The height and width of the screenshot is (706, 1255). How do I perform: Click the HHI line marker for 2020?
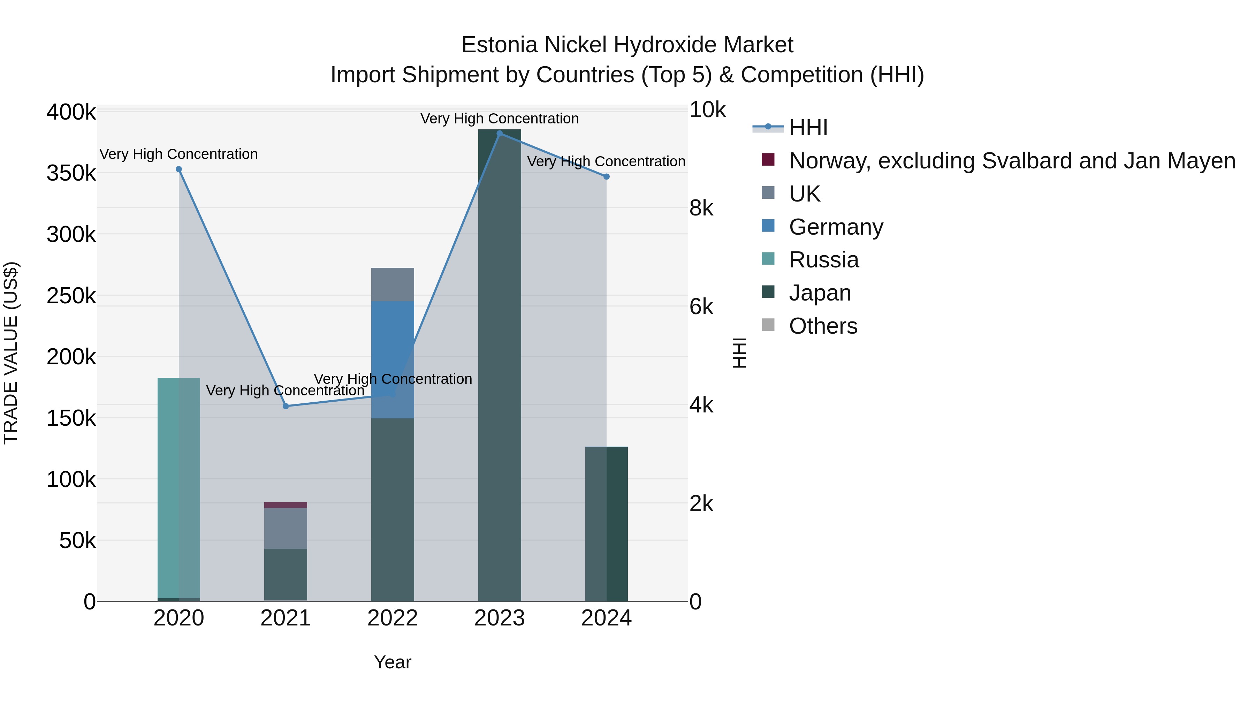[x=179, y=169]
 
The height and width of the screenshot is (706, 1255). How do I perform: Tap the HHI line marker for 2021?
[x=286, y=406]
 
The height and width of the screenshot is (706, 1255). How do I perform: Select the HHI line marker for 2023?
[x=499, y=134]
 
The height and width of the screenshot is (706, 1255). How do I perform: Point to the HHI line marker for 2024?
[x=607, y=177]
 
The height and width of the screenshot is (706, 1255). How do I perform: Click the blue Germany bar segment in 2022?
[x=393, y=341]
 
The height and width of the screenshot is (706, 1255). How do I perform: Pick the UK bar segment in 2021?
[x=286, y=528]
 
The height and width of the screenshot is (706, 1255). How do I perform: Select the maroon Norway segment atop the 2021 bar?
[x=286, y=505]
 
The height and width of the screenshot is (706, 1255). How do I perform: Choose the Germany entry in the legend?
[x=836, y=227]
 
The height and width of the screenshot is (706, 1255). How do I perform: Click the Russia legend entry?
[x=823, y=260]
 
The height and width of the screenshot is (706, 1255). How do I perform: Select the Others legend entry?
[x=823, y=326]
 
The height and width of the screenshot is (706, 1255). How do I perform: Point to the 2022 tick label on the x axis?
[x=393, y=618]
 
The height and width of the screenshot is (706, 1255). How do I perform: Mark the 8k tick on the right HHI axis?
[x=701, y=208]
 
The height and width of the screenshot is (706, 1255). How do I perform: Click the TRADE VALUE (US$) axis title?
[x=11, y=353]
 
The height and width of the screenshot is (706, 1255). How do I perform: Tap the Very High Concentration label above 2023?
[x=499, y=119]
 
